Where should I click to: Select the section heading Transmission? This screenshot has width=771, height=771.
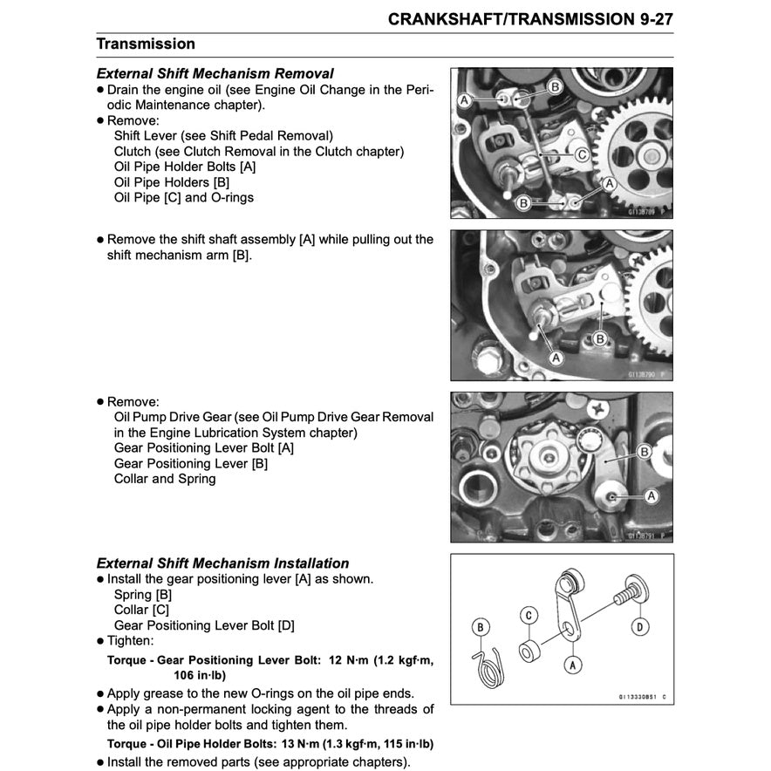[146, 44]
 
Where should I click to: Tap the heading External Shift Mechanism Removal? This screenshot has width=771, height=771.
[215, 74]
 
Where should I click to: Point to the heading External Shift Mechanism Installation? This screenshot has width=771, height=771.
[222, 563]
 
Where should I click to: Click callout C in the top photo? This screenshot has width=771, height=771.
[581, 154]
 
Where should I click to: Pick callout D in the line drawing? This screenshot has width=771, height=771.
[639, 626]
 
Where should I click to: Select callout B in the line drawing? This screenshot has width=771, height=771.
[480, 625]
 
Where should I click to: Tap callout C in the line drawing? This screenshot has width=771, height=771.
[529, 614]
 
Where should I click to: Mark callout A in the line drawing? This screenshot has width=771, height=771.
[572, 665]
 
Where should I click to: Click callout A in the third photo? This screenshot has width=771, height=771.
[650, 495]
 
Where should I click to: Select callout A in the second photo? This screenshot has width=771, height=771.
[556, 357]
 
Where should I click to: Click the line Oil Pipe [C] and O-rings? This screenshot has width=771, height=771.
[184, 198]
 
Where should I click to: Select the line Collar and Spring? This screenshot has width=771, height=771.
[165, 479]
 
